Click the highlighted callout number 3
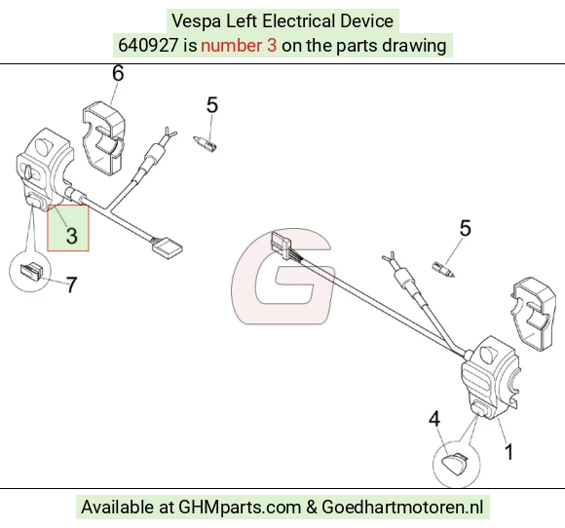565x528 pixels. coord(72,235)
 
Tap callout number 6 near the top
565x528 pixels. coord(118,73)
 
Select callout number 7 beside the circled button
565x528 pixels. coord(72,284)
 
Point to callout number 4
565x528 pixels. coord(434,419)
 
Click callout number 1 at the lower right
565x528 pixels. coord(508,452)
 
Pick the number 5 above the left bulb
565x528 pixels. coord(212,105)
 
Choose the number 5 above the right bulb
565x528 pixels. coord(466,228)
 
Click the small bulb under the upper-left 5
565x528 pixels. coord(205,144)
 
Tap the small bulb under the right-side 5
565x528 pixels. coord(443,270)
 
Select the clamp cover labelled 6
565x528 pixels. coord(104,138)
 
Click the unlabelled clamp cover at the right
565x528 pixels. coord(533,314)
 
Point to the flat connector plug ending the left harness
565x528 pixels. coord(168,247)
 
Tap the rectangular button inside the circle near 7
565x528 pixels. coord(31,269)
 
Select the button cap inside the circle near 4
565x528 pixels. coord(455,459)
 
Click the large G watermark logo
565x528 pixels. coord(282,276)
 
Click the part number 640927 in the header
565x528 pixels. coord(148,46)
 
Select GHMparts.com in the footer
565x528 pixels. coord(240,508)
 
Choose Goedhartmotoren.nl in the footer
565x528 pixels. coord(402,508)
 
